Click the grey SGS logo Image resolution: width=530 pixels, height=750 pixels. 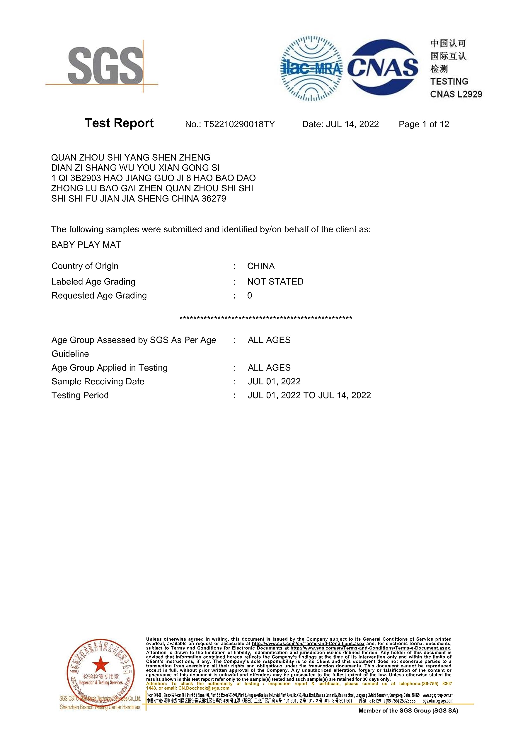105,66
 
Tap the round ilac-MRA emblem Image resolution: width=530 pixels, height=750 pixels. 311,68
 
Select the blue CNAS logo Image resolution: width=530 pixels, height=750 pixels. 383,68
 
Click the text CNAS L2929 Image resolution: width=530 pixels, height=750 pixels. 456,94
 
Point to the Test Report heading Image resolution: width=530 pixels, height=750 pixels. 119,123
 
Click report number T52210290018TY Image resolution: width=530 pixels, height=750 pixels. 239,124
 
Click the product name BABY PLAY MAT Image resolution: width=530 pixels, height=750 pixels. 86,245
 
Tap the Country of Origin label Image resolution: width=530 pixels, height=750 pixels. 85,266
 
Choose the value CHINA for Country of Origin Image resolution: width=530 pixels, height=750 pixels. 261,266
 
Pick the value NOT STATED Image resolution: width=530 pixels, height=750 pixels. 275,282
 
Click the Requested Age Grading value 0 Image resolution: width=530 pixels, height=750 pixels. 250,296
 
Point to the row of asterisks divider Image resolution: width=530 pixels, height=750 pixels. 266,318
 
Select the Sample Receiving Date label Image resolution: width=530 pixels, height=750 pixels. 98,381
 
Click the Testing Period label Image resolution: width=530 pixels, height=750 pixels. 80,395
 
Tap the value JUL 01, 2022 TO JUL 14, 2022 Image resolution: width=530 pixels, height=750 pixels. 309,395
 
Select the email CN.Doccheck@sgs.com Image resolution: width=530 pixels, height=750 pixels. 204,688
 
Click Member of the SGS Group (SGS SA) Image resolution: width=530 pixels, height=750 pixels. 408,710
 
